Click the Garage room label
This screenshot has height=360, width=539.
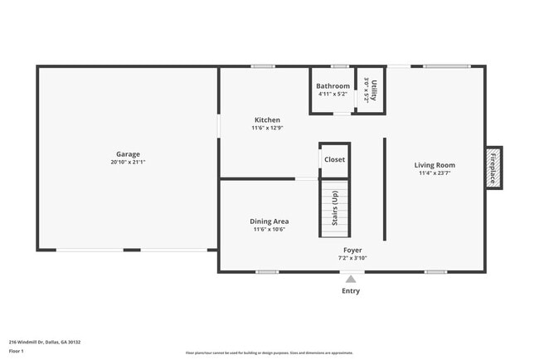pos(128,153)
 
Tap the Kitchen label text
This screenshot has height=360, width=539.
pos(267,119)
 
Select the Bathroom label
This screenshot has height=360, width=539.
pos(333,85)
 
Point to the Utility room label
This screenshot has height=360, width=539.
pos(374,90)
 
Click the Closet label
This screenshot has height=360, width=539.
pos(334,159)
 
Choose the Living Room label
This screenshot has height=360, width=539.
pos(435,165)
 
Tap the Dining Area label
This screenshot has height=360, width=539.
pos(269,221)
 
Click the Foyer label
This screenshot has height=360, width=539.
pos(352,250)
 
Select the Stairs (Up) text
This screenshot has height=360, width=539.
pos(334,208)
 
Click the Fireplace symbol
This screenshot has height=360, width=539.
pos(493,167)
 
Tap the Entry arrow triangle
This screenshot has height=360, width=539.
pos(351,279)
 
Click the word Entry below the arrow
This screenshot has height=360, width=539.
pos(351,291)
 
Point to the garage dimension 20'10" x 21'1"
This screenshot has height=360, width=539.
pos(128,163)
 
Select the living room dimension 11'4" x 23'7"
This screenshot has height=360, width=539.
pos(435,174)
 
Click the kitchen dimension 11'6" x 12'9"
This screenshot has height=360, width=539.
pos(267,128)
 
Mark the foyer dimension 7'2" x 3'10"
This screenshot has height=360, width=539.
pos(352,258)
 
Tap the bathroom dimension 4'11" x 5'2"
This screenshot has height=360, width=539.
pos(333,94)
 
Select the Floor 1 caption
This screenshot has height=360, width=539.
pos(17,351)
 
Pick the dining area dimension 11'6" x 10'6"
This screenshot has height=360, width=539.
pos(269,230)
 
